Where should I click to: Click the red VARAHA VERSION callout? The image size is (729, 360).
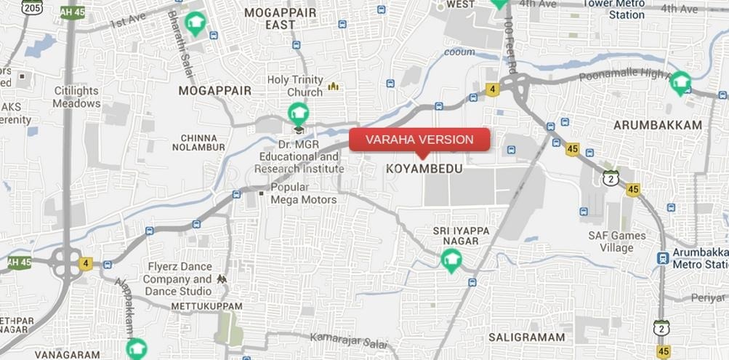pos(419,140)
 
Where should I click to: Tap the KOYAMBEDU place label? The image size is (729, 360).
pos(424,168)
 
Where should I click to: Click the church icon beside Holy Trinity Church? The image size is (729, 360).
pos(333,87)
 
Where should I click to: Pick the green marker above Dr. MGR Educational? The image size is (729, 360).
pos(297,113)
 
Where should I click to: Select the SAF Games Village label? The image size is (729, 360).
pos(617,241)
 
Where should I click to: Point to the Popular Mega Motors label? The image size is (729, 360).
pos(303,193)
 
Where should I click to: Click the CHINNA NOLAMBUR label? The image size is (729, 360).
pos(198,143)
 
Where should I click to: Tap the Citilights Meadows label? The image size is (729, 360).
pos(76,97)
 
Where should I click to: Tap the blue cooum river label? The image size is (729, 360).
pos(459,52)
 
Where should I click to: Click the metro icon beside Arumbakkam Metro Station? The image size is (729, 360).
pos(662,257)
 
